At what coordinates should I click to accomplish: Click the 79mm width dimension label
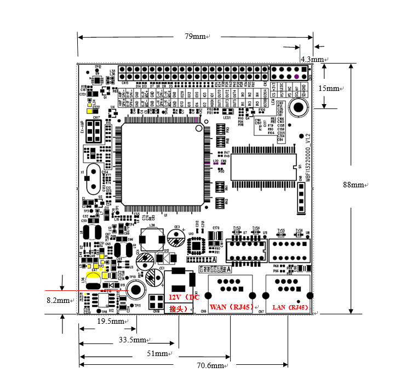point(194,37)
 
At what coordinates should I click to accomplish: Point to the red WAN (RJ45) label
point(230,307)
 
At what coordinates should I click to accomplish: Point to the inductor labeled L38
point(152,237)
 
